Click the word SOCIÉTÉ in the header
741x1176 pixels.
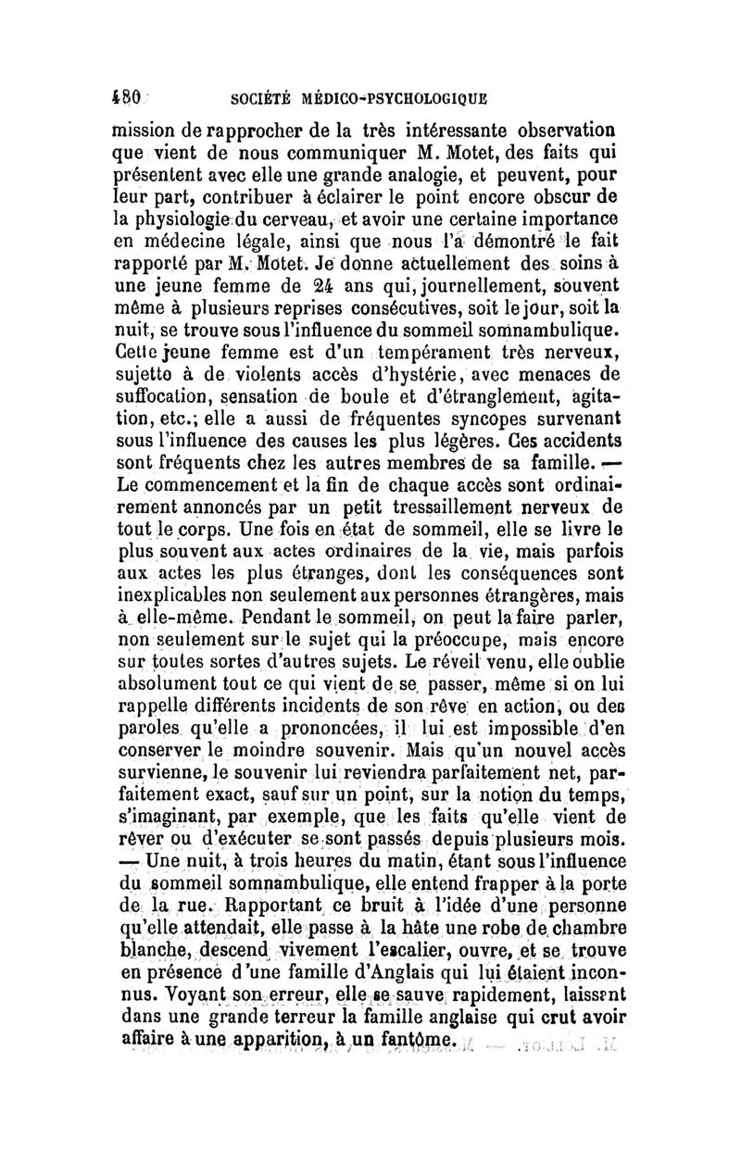pyautogui.click(x=244, y=95)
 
